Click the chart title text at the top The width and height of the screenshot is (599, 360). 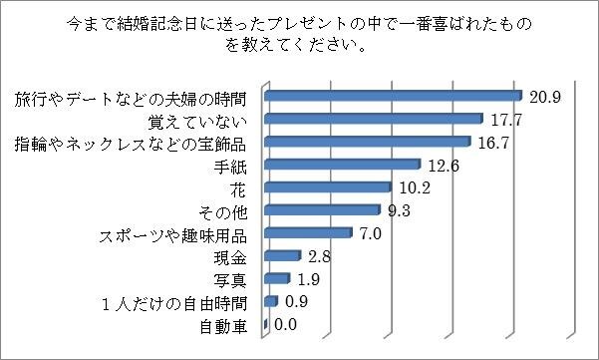(x=299, y=33)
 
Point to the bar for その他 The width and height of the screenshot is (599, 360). (x=322, y=210)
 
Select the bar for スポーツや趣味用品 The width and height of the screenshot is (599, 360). (x=308, y=233)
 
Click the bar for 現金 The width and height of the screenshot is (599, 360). (x=282, y=256)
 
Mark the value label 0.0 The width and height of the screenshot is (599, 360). (x=285, y=323)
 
